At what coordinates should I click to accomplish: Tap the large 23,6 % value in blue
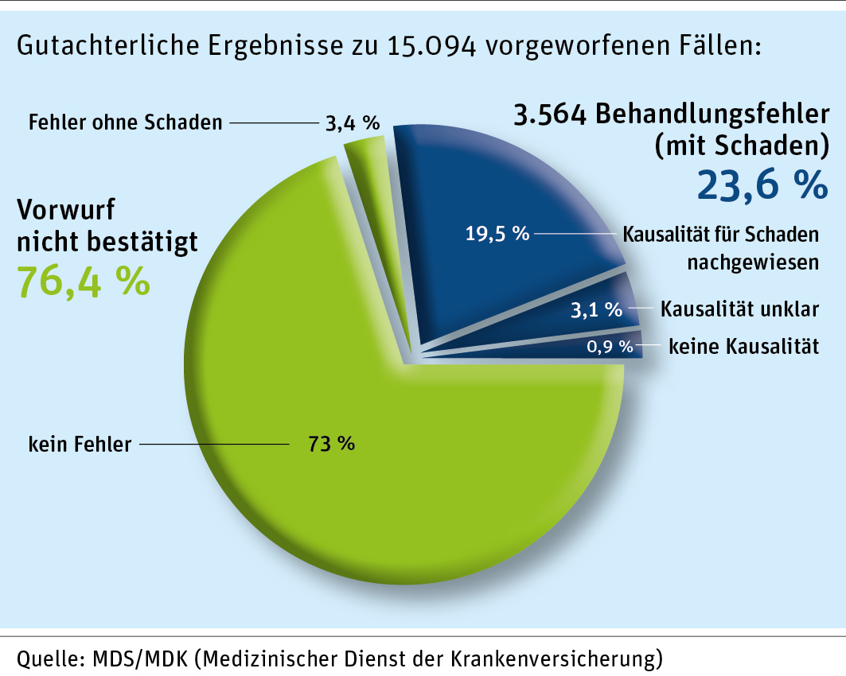762,185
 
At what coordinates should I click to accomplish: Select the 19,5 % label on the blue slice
497,234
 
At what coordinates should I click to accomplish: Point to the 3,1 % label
596,309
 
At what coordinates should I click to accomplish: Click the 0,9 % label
610,346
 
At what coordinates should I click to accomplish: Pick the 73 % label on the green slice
332,443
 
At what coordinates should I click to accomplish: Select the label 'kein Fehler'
80,444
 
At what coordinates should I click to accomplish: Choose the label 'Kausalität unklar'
740,309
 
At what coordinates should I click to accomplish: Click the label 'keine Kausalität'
743,346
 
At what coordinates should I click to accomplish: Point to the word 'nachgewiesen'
752,262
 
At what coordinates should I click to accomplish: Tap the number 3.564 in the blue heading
552,117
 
